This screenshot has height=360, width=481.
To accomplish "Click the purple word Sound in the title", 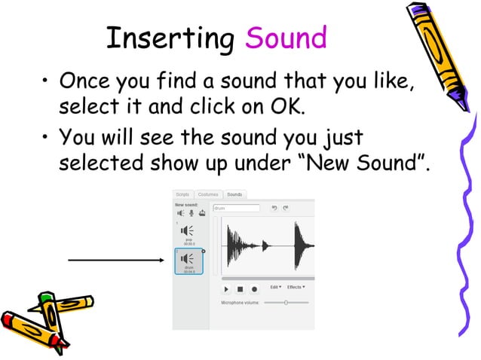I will pyautogui.click(x=286, y=38).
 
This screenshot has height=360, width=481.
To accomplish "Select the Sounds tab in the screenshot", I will pyautogui.click(x=234, y=194).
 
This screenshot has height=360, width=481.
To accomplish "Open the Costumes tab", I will pyautogui.click(x=207, y=194).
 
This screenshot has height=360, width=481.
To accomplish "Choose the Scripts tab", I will pyautogui.click(x=183, y=194).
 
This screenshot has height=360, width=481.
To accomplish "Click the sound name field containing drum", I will pyautogui.click(x=237, y=208).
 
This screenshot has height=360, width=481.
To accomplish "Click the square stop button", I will pyautogui.click(x=240, y=288).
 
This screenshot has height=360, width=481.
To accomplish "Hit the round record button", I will pyautogui.click(x=254, y=288).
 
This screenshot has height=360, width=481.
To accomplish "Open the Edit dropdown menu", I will pyautogui.click(x=276, y=287).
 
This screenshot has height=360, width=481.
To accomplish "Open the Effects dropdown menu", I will pyautogui.click(x=295, y=287).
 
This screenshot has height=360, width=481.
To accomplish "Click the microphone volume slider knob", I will pyautogui.click(x=286, y=302).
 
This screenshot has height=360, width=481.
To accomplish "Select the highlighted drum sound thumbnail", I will pyautogui.click(x=186, y=261).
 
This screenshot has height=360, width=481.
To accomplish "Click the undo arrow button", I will pyautogui.click(x=274, y=208).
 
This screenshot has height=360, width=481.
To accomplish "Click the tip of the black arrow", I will pyautogui.click(x=163, y=261).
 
